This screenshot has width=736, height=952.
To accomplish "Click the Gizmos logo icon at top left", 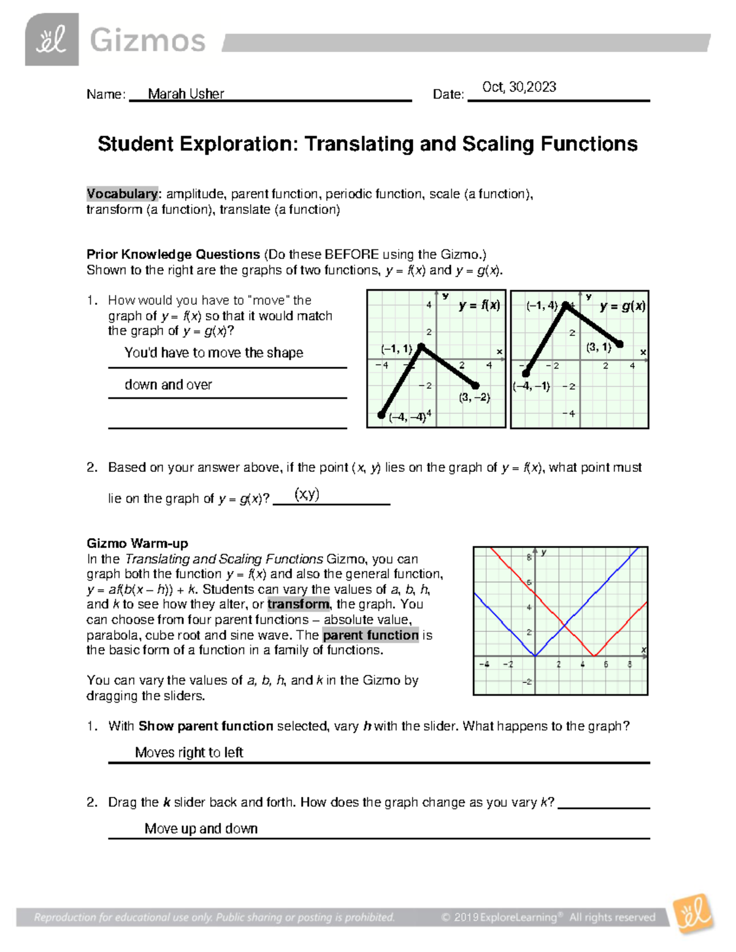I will coord(52,40).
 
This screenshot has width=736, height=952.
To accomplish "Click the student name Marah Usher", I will coord(186,94).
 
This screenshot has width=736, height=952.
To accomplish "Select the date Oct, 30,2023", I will coord(519,87).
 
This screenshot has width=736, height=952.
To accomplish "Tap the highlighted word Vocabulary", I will coord(122,194).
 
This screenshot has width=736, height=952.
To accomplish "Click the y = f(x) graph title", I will coord(479,305).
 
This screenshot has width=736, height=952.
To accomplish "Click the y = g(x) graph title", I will coord(622,307).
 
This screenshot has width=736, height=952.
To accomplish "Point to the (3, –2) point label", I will coord(474,397).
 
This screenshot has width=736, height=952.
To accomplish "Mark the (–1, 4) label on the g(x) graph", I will coord(542,306).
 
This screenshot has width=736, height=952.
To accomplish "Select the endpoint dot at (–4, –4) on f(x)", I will coord(381,415).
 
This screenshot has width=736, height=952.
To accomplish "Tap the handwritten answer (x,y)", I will coord(307,494).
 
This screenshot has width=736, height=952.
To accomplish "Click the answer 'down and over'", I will coord(168,385).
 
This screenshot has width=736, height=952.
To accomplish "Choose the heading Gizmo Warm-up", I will coord(137,543).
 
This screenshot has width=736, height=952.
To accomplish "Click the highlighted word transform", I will coord(298,604).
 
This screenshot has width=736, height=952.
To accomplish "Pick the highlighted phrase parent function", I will coord(370,635).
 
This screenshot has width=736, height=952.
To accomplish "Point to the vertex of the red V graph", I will coord(594,656).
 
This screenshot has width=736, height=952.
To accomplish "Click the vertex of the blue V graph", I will coord(535,656).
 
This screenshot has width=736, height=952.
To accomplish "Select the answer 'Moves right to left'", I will coord(189,752).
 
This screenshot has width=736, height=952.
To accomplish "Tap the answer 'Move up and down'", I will coord(201,829).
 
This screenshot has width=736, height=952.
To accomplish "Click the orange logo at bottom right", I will coord(693,914).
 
